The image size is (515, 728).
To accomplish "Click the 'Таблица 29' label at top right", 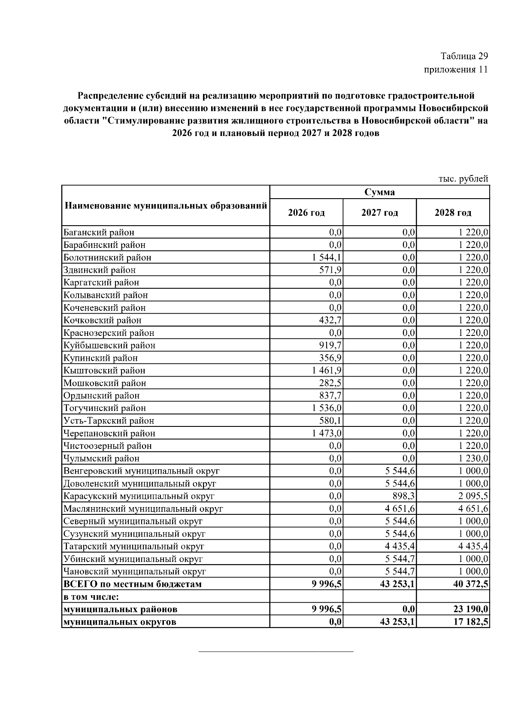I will (464, 56).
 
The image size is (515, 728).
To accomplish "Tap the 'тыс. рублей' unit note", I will (463, 178).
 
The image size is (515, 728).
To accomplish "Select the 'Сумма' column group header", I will (379, 192).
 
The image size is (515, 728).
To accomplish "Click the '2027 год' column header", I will (379, 213).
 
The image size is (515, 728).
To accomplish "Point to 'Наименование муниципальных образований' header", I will (166, 205).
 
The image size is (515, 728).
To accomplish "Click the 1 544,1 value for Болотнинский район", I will (327, 257).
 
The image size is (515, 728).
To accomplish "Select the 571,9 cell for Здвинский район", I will (330, 270).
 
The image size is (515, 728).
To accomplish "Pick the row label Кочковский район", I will (103, 320).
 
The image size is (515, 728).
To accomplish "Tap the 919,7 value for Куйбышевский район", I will (330, 345).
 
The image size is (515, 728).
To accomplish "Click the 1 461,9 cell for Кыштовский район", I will (327, 370).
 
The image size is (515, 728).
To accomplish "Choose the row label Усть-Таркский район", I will (109, 420).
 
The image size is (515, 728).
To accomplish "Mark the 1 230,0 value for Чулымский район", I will (473, 458).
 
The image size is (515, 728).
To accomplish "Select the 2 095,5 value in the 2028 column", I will (473, 496).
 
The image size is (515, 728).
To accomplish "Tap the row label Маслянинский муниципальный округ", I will (143, 509).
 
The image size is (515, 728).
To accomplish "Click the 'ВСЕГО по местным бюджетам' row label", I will (133, 584).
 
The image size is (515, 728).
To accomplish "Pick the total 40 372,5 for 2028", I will (471, 584).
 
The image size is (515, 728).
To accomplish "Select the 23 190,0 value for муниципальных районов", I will (471, 609).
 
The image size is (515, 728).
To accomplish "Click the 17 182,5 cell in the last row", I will (471, 622).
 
